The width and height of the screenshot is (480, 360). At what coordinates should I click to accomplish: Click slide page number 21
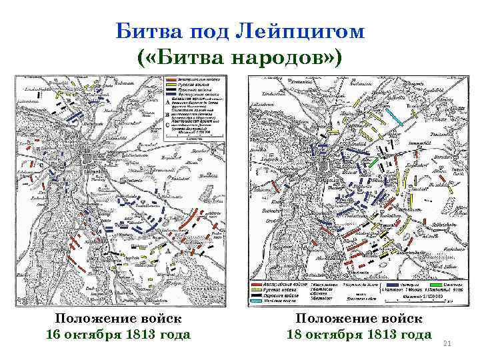tap(447, 344)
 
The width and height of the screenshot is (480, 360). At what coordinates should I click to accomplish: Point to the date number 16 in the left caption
tap(55, 333)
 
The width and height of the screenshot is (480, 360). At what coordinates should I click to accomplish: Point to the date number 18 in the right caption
tap(295, 333)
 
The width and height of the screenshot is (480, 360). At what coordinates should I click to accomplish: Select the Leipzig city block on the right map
tap(325, 165)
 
